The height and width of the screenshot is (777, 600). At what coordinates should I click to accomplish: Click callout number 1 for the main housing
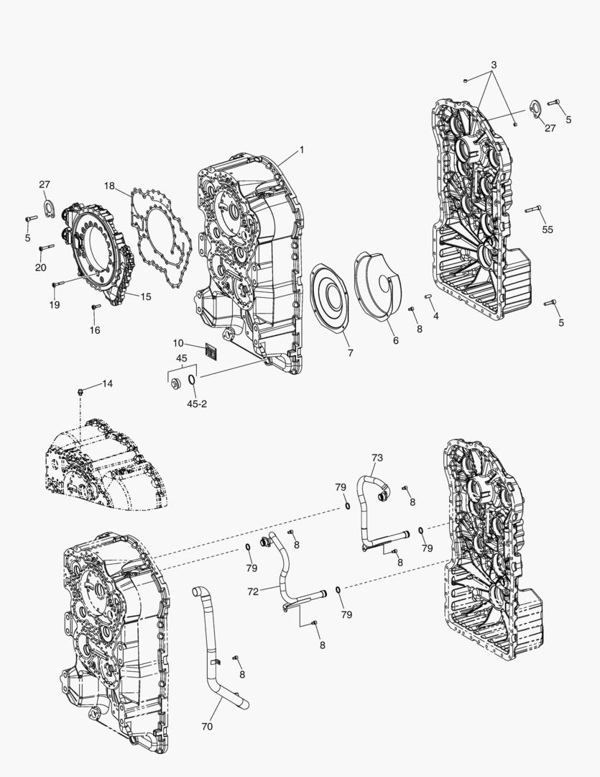[302, 150]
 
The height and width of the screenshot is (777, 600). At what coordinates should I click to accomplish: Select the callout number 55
[548, 230]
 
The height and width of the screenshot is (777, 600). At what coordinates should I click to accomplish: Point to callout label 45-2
[197, 404]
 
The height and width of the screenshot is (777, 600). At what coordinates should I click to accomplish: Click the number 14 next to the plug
[107, 384]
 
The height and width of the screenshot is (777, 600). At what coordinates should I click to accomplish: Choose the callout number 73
[377, 458]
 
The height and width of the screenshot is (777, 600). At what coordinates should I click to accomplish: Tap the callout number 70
[207, 727]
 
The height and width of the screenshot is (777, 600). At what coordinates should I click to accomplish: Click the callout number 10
[178, 343]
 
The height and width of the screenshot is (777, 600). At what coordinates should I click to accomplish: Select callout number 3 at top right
[494, 65]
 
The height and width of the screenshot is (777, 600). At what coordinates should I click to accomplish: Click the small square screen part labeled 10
[211, 350]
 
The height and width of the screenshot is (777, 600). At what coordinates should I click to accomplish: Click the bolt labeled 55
[532, 210]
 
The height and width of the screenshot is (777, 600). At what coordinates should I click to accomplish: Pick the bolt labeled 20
[45, 247]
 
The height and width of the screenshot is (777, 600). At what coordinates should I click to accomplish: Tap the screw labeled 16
[95, 308]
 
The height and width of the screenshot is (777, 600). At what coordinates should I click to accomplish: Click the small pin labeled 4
[428, 296]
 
